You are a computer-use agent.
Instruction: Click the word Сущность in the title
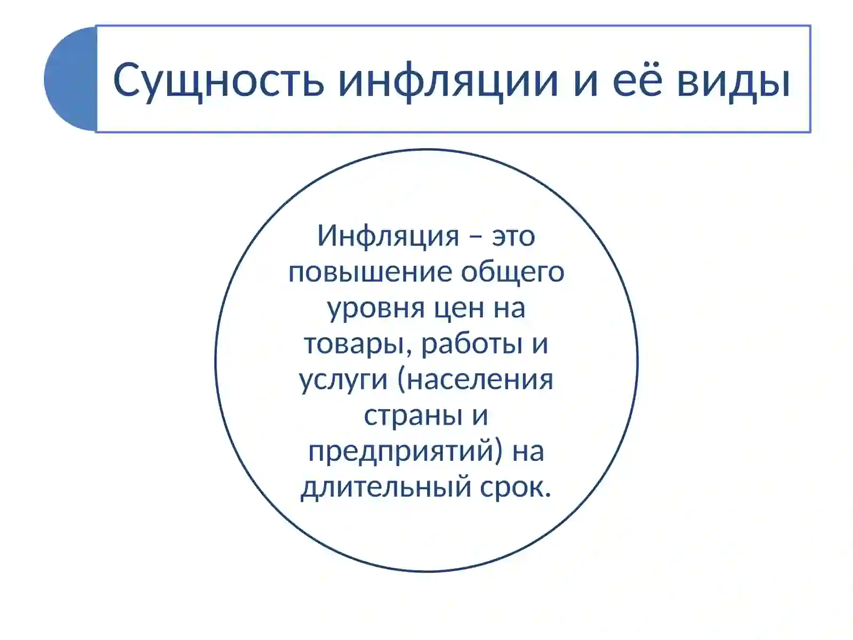tap(219, 80)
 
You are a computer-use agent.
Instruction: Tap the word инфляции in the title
tap(448, 80)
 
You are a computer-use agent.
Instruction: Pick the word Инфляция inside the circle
tap(388, 236)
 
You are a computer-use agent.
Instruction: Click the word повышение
tap(371, 272)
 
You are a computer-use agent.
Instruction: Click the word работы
tap(472, 344)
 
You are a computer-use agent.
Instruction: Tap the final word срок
tap(515, 486)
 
